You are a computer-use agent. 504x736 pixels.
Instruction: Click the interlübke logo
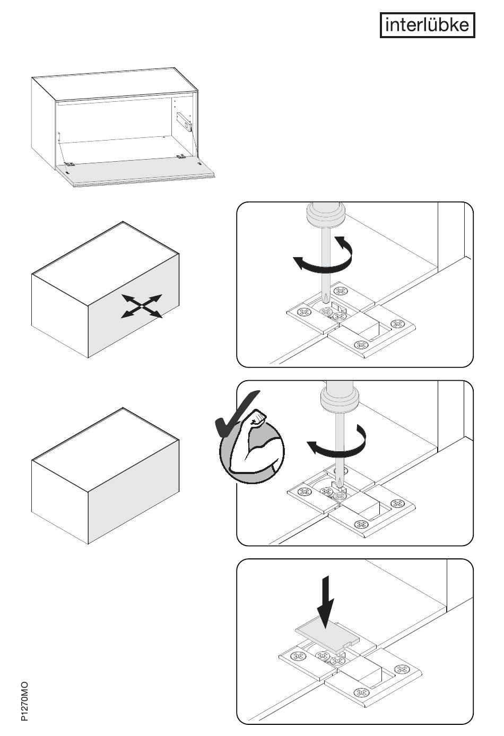tap(427, 25)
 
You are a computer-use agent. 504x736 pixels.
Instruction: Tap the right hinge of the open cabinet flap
tap(181, 156)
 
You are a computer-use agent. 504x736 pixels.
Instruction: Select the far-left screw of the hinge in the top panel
tap(304, 312)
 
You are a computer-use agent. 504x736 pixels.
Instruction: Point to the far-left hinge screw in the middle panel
tap(305, 492)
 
